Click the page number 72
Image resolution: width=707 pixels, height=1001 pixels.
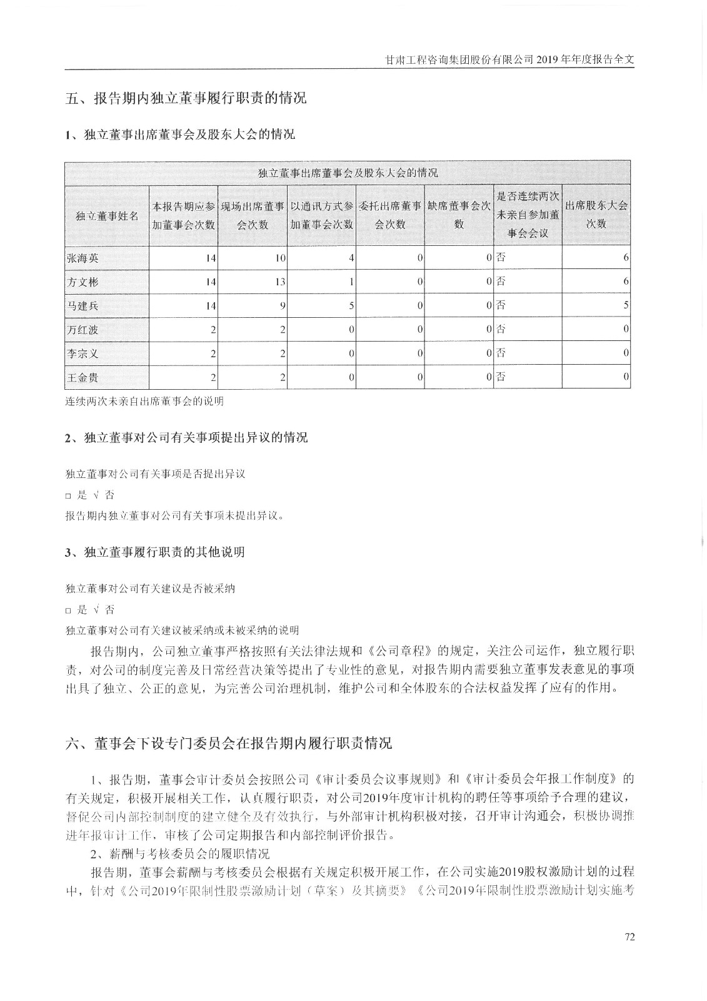pyautogui.click(x=629, y=937)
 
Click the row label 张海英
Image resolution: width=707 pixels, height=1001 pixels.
pyautogui.click(x=83, y=258)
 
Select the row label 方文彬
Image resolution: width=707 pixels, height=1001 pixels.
pyautogui.click(x=83, y=282)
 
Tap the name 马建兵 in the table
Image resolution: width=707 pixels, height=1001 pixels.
pyautogui.click(x=83, y=306)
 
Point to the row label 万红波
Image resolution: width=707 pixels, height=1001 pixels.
pyautogui.click(x=83, y=330)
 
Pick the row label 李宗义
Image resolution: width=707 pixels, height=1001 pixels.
pyautogui.click(x=83, y=353)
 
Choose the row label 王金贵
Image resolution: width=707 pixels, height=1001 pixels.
pyautogui.click(x=83, y=377)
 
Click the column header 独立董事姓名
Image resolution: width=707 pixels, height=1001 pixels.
pyautogui.click(x=107, y=215)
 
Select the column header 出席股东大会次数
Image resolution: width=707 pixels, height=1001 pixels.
pyautogui.click(x=596, y=215)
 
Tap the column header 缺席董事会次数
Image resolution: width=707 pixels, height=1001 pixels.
pyautogui.click(x=459, y=215)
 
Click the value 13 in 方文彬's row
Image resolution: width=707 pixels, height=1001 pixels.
pyautogui.click(x=279, y=282)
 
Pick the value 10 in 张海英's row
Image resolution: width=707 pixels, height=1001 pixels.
pyautogui.click(x=279, y=258)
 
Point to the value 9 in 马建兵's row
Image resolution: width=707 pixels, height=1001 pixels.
pyautogui.click(x=283, y=306)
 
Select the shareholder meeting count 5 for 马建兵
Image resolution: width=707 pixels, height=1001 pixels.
pyautogui.click(x=626, y=306)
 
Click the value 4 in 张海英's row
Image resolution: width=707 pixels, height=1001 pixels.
pyautogui.click(x=352, y=258)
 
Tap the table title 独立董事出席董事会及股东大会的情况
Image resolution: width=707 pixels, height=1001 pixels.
pyautogui.click(x=348, y=173)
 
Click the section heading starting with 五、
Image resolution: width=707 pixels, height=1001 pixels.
pyautogui.click(x=186, y=98)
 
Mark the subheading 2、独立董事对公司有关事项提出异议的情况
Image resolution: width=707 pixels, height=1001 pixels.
pyautogui.click(x=187, y=438)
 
